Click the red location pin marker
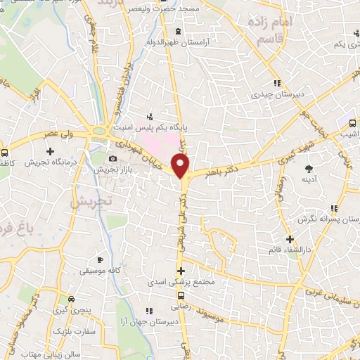click(181, 166)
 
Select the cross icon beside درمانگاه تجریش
click(50, 151)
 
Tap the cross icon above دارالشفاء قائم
click(289, 239)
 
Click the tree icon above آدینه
click(309, 167)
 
